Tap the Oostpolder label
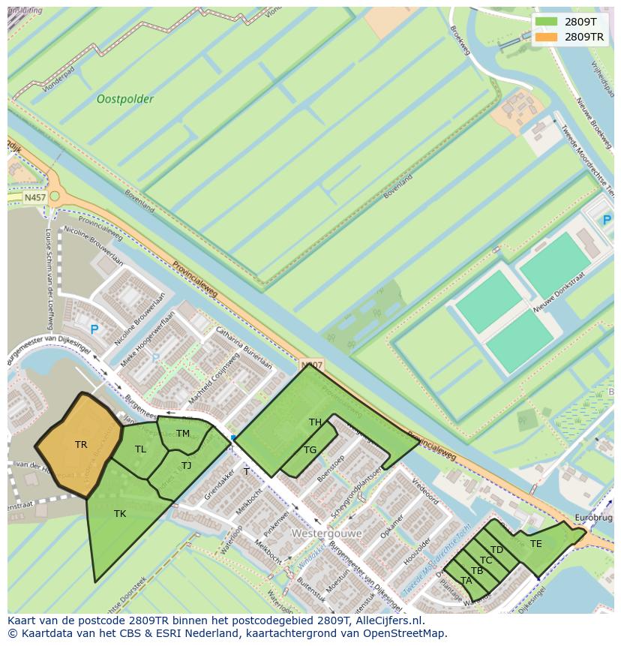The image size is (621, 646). [125, 99]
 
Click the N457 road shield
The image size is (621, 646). [34, 198]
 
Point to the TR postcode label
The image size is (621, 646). [81, 445]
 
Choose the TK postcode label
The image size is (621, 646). [120, 514]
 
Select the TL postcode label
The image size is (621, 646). [140, 449]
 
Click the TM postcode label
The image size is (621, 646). [183, 434]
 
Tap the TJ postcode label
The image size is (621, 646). [186, 466]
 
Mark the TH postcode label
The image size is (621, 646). [315, 422]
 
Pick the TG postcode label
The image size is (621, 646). [310, 450]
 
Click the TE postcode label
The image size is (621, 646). [535, 544]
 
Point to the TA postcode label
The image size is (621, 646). [466, 581]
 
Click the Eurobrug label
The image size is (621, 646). [593, 518]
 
